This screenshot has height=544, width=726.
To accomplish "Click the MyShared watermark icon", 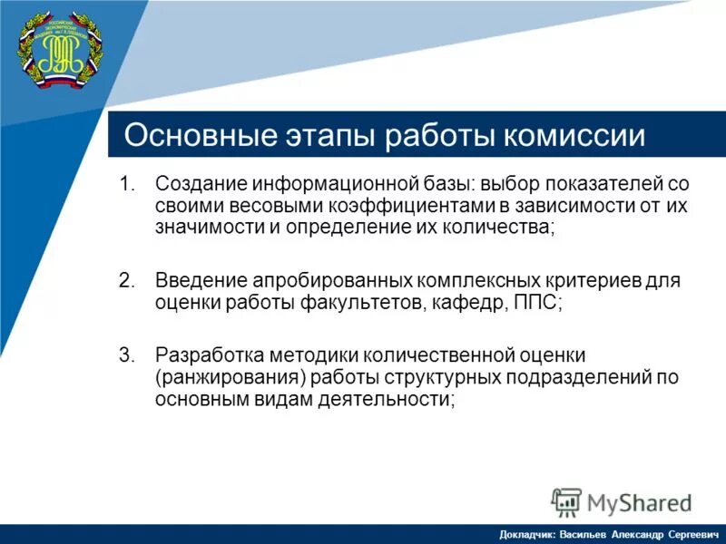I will (566, 501).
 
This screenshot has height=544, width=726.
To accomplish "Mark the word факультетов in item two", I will (360, 302).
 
